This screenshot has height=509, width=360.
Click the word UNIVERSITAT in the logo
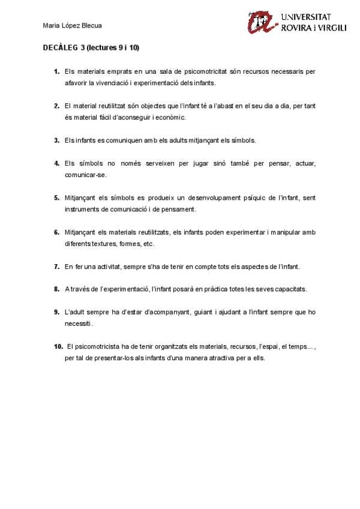point(313,17)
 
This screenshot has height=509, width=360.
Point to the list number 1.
point(56,71)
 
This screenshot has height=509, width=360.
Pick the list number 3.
point(56,140)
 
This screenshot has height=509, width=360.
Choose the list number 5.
point(56,198)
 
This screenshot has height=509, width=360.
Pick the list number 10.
point(58,346)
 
